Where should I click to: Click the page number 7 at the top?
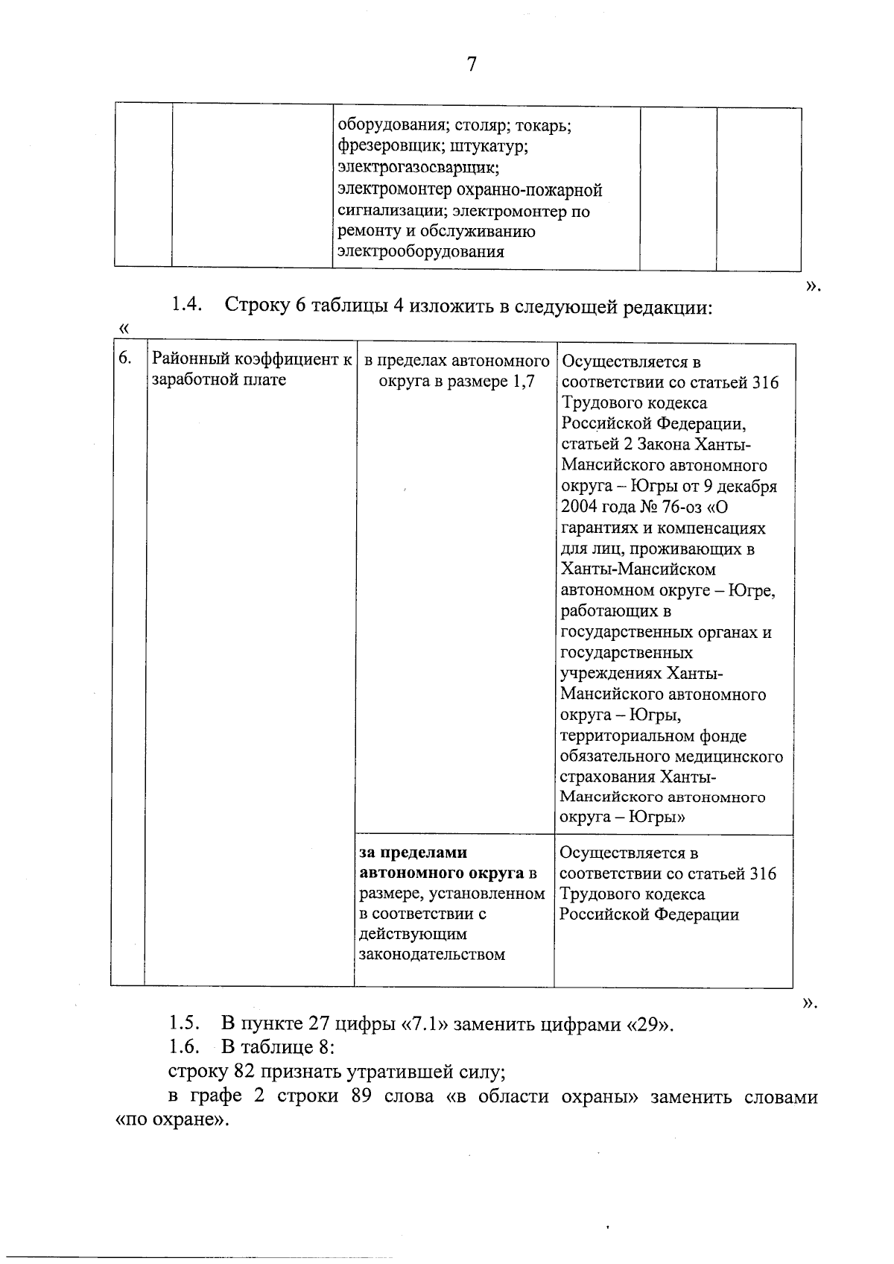[x=471, y=65]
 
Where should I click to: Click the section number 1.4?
[x=187, y=306]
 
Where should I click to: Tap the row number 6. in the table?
[x=126, y=358]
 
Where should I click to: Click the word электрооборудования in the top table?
[x=420, y=251]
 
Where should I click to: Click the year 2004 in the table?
[x=579, y=507]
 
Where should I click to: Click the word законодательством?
[x=432, y=954]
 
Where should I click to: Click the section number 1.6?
[x=184, y=1047]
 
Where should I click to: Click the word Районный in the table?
[x=189, y=359]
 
